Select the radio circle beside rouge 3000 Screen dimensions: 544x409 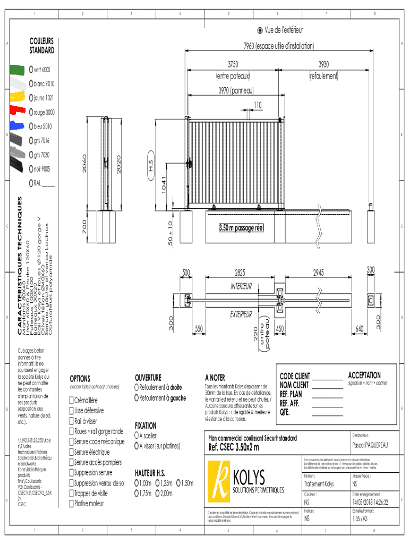tap(31, 112)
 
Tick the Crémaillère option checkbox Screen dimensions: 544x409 tap(71, 400)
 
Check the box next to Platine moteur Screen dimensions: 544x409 tap(71, 504)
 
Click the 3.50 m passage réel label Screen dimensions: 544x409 tap(241, 228)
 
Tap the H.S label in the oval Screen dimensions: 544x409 tap(150, 167)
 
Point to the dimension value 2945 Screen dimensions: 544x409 tap(318, 273)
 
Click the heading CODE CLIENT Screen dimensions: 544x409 tap(295, 376)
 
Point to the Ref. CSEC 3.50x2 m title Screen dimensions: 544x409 tap(234, 447)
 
